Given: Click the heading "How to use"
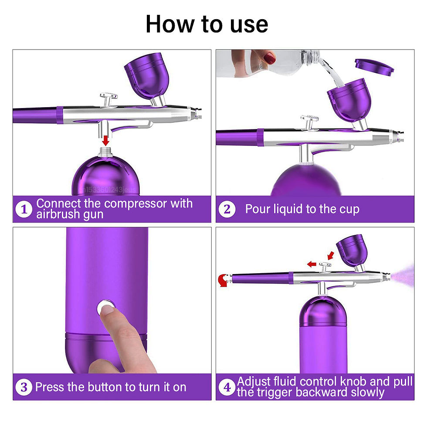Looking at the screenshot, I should [207, 24].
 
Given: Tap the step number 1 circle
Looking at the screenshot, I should [24, 209].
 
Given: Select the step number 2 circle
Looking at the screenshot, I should [227, 209].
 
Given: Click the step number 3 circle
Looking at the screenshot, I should [24, 387].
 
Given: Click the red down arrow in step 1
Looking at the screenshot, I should [105, 141].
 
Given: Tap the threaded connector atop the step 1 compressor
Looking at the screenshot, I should [105, 152].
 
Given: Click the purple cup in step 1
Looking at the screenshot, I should [143, 74].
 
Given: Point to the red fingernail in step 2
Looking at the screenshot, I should [270, 58].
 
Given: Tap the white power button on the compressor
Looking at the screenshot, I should [105, 307].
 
